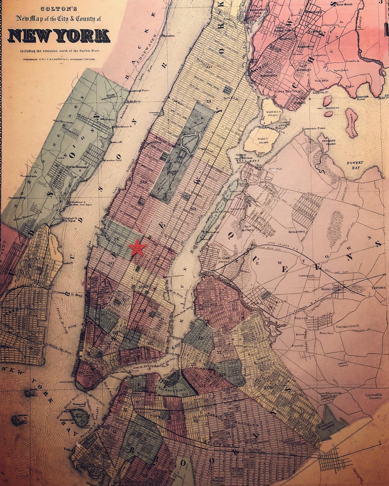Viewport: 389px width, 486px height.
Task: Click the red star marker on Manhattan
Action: pos(137,247)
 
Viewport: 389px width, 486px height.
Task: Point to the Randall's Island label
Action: pos(272,113)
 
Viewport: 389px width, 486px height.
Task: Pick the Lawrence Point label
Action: pos(313,129)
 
